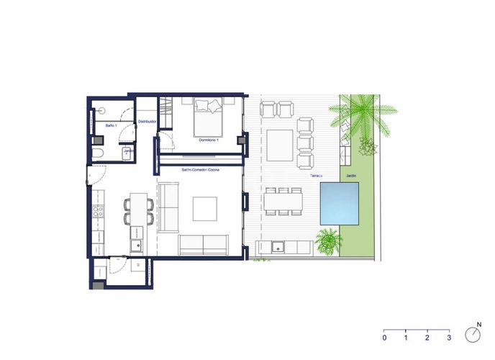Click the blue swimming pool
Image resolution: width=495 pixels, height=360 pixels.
coord(340,203)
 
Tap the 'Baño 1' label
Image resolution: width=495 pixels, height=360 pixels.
coord(110,126)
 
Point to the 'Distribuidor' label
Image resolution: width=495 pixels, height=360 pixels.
coord(147,122)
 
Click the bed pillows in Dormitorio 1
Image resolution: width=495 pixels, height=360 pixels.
coord(208,106)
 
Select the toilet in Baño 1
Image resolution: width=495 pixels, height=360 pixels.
coord(99,156)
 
